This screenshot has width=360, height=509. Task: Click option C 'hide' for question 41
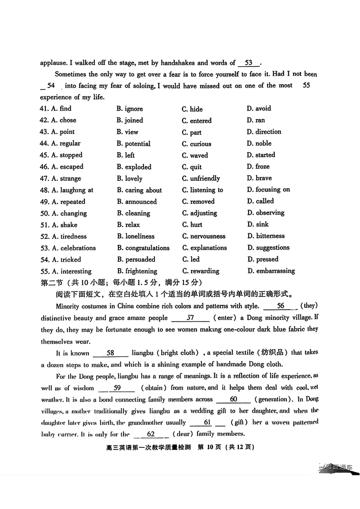point(192,109)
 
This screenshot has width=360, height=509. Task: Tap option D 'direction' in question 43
point(264,132)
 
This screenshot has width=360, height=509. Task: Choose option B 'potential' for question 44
point(133,144)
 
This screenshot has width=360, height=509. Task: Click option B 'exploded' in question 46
point(134,167)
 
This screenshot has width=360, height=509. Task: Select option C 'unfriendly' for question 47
point(201,178)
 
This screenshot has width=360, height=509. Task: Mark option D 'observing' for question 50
point(266,213)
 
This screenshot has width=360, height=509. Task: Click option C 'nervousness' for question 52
point(204,236)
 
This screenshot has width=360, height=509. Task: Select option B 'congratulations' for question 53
point(143,248)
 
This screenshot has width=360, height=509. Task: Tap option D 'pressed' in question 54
point(262,259)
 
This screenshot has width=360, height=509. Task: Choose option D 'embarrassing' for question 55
point(271,271)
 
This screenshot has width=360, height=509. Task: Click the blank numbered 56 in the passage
point(280,306)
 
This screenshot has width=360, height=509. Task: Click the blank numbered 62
point(151,434)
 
